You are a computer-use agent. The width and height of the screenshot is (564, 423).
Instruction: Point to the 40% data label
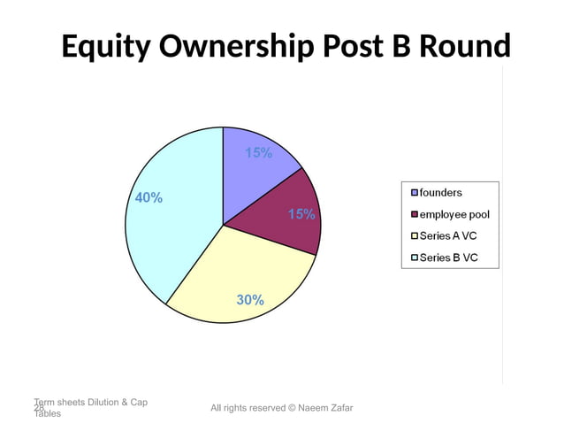[x=149, y=198]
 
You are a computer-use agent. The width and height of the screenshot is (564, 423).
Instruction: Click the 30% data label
[x=250, y=300]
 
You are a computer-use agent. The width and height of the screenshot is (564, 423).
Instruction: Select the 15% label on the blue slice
[x=259, y=153]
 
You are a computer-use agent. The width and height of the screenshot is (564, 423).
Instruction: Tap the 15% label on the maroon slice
[x=301, y=214]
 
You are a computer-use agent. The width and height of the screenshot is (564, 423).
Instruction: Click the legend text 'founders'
[x=440, y=192]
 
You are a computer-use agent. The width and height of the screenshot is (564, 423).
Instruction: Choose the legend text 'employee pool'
[x=454, y=214]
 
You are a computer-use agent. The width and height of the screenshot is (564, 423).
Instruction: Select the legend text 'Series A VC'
[x=448, y=236]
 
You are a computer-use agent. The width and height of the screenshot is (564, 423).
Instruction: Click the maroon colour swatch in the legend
[x=413, y=214]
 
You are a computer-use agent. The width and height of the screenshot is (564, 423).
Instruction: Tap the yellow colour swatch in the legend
[x=413, y=236]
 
